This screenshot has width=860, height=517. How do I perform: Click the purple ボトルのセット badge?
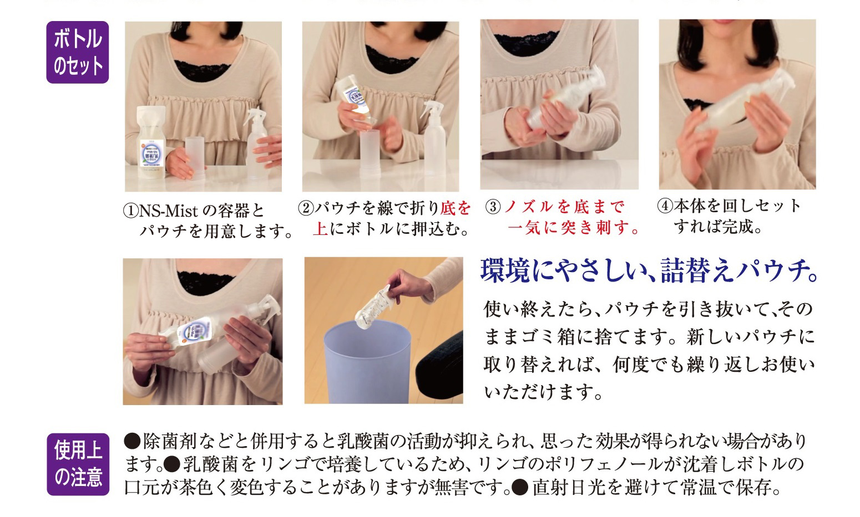pos(78,52)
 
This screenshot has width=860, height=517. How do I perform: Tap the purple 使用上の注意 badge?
pos(78,464)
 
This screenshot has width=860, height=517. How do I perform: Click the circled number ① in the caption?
pos(130,211)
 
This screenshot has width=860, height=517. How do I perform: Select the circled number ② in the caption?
pos(306,209)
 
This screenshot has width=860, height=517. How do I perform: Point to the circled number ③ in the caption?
pos(493,207)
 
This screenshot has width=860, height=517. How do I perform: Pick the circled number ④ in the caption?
pos(665,206)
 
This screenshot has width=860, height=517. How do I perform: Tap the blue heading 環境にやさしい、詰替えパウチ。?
pos(649,271)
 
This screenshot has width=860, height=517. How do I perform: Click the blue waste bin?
pos(367,362)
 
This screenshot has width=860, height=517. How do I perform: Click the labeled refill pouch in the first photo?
pos(151,142)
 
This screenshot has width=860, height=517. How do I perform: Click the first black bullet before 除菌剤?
pos(132,441)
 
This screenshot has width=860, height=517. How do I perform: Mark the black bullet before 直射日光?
pos(520,487)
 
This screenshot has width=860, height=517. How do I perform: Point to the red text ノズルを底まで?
pos(564,207)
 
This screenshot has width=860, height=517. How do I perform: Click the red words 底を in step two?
pos(456,208)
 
